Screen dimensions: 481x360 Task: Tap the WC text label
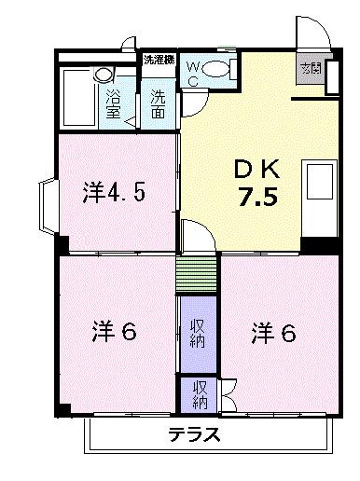(x=193, y=73)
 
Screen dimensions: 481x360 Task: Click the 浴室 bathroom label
(x=114, y=103)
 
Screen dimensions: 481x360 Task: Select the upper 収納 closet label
(x=199, y=332)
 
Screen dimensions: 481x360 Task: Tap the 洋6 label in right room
(x=272, y=331)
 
